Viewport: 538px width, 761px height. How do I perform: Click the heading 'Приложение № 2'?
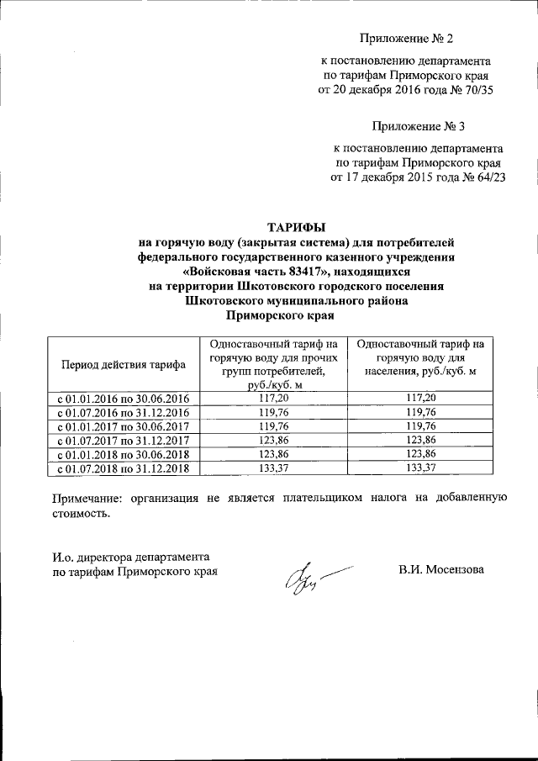(406, 39)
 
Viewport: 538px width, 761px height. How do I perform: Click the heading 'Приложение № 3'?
(419, 126)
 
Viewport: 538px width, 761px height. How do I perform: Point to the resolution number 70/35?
(474, 91)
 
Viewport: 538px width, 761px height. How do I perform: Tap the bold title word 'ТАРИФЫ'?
(295, 227)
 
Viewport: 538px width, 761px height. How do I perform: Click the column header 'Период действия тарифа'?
(123, 364)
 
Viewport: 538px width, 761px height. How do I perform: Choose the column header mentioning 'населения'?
(420, 357)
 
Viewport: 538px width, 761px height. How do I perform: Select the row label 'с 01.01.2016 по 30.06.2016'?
(123, 398)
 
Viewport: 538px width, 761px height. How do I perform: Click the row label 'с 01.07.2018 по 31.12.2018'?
(123, 468)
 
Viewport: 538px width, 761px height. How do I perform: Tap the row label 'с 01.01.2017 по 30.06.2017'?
(123, 425)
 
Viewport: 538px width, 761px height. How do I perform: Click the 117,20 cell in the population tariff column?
(420, 398)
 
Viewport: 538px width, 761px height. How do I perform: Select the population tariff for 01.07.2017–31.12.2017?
(420, 440)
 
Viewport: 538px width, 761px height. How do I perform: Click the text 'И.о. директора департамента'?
(130, 557)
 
